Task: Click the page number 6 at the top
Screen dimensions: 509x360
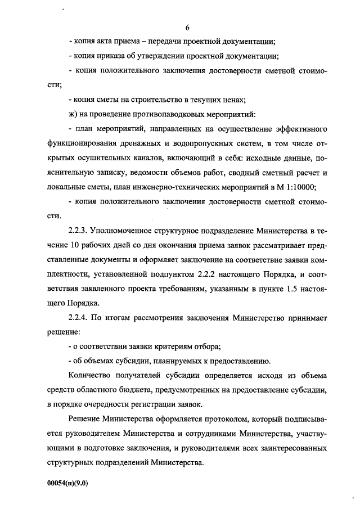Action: point(188,27)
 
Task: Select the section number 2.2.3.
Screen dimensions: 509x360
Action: point(81,231)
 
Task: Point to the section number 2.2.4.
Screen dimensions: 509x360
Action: point(81,318)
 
